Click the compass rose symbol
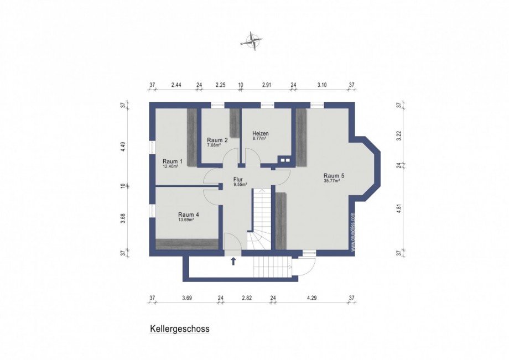[253, 40]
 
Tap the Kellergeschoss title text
[179, 328]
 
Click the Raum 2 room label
[217, 140]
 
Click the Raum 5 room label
[334, 176]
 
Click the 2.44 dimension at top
[176, 85]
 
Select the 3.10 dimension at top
[323, 85]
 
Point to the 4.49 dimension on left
[124, 147]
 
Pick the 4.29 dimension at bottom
[313, 298]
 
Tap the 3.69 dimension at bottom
[187, 298]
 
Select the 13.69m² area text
[188, 220]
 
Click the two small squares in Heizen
[285, 160]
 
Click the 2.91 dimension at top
[267, 85]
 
